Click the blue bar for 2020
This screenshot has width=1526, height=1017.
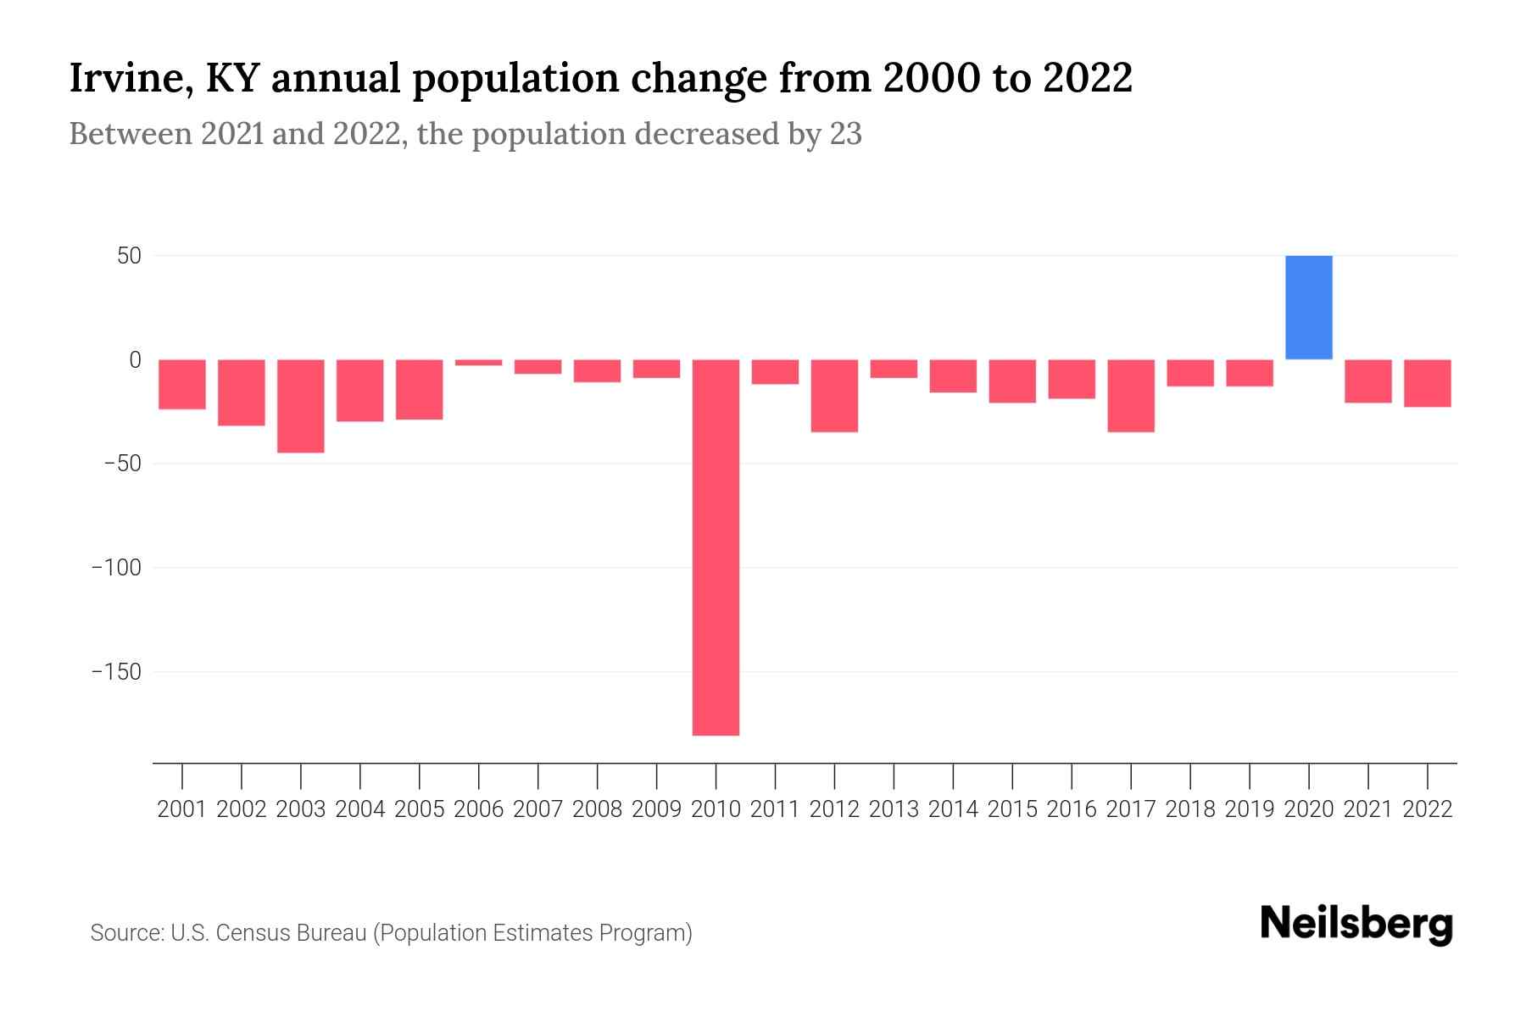(x=1308, y=307)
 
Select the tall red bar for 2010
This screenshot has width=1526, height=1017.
(x=716, y=547)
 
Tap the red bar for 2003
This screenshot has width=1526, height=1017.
(x=301, y=406)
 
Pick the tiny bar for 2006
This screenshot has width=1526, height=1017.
(x=479, y=363)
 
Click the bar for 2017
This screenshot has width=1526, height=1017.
(x=1131, y=396)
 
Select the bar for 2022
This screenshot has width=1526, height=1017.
(x=1428, y=383)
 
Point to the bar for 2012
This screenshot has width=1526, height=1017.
(x=834, y=396)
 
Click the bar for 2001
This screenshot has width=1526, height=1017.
(x=182, y=384)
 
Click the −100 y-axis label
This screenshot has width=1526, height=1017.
(x=116, y=568)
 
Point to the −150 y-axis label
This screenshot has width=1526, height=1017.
(x=116, y=672)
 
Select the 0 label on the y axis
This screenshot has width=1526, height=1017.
(x=135, y=360)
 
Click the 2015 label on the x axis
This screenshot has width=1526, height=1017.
(x=1012, y=809)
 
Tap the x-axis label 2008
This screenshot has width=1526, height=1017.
(x=597, y=809)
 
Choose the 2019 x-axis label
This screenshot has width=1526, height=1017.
(x=1250, y=809)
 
